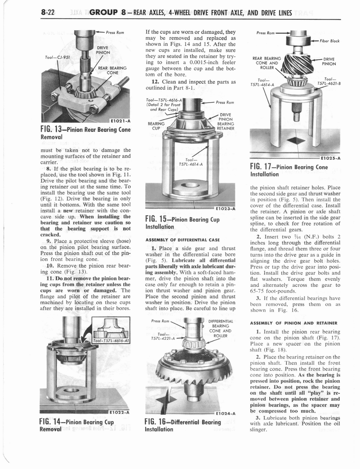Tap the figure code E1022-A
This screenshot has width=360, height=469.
click(119, 412)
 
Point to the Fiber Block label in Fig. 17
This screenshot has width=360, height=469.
click(329, 41)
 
